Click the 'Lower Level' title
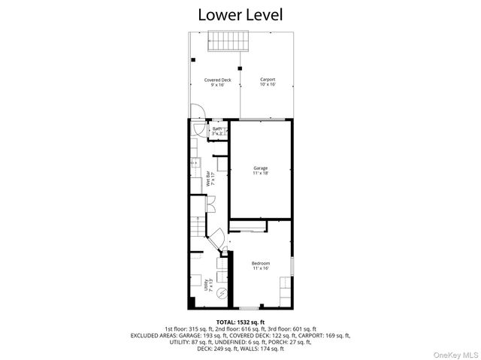pyautogui.click(x=240, y=14)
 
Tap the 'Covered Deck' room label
pyautogui.click(x=217, y=80)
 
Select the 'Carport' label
pyautogui.click(x=267, y=80)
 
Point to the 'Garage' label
pyautogui.click(x=260, y=168)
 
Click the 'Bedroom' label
pyautogui.click(x=260, y=263)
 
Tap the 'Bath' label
pyautogui.click(x=217, y=129)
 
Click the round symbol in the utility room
pyautogui.click(x=222, y=294)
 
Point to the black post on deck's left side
pyautogui.click(x=193, y=59)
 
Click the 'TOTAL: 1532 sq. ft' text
pyautogui.click(x=240, y=321)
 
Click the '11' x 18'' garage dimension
pyautogui.click(x=260, y=174)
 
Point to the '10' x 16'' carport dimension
pyautogui.click(x=267, y=85)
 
